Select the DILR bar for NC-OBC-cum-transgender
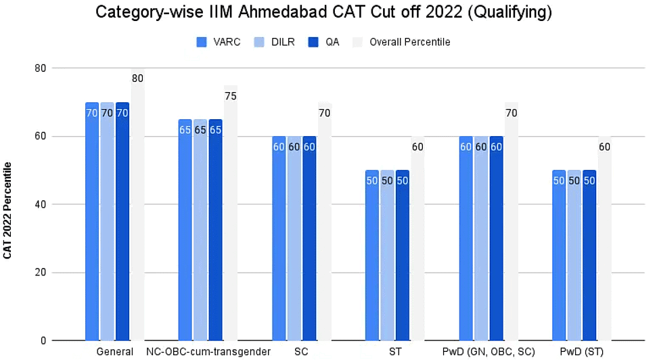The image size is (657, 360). click(200, 230)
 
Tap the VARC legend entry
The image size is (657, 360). click(217, 42)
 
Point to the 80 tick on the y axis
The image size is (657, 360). click(42, 68)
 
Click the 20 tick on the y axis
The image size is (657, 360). click(42, 273)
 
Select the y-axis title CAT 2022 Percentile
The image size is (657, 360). click(8, 210)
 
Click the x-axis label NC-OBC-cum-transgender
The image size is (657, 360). click(208, 352)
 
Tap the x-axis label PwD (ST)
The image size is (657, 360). click(582, 352)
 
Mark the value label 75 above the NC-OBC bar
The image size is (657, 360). click(231, 96)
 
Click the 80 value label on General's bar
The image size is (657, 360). click(137, 78)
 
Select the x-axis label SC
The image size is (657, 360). click(302, 352)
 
